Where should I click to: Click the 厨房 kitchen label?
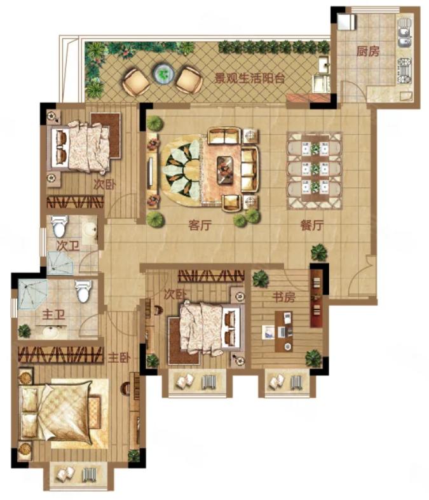(368, 51)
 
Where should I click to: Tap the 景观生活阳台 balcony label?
(249, 78)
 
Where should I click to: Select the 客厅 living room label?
(200, 225)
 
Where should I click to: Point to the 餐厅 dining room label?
(311, 225)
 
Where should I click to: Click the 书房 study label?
(283, 297)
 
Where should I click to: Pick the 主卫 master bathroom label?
(53, 314)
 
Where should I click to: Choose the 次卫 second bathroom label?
(67, 246)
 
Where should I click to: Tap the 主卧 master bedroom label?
(119, 358)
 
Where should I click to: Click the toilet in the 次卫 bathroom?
(59, 226)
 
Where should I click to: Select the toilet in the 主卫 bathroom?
(83, 291)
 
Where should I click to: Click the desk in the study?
(284, 332)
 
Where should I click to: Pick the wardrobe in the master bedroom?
(61, 355)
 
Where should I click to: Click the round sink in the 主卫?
(51, 332)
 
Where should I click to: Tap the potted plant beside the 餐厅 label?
(318, 252)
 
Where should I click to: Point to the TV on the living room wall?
(150, 172)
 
